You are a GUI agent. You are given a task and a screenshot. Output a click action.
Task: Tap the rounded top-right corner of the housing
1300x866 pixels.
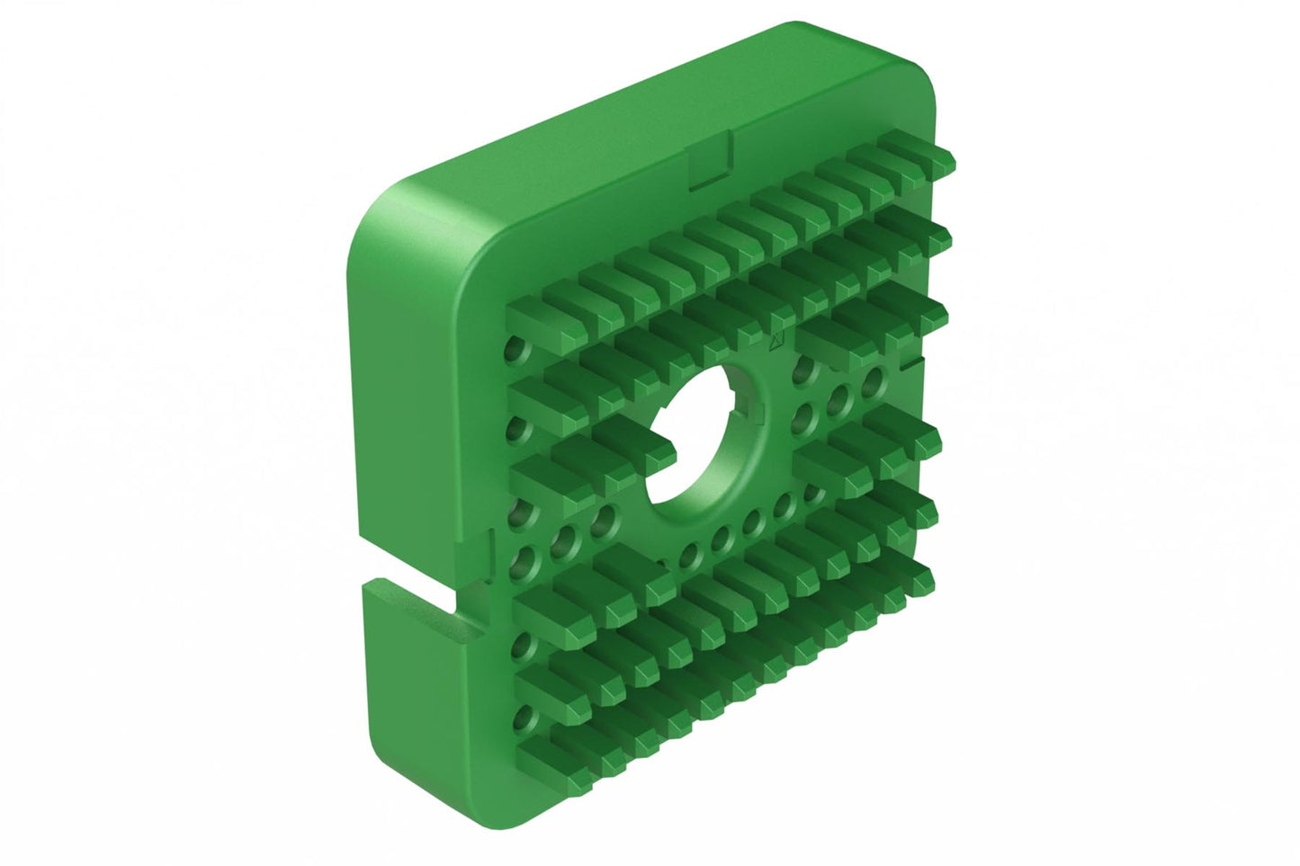coord(909,81)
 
